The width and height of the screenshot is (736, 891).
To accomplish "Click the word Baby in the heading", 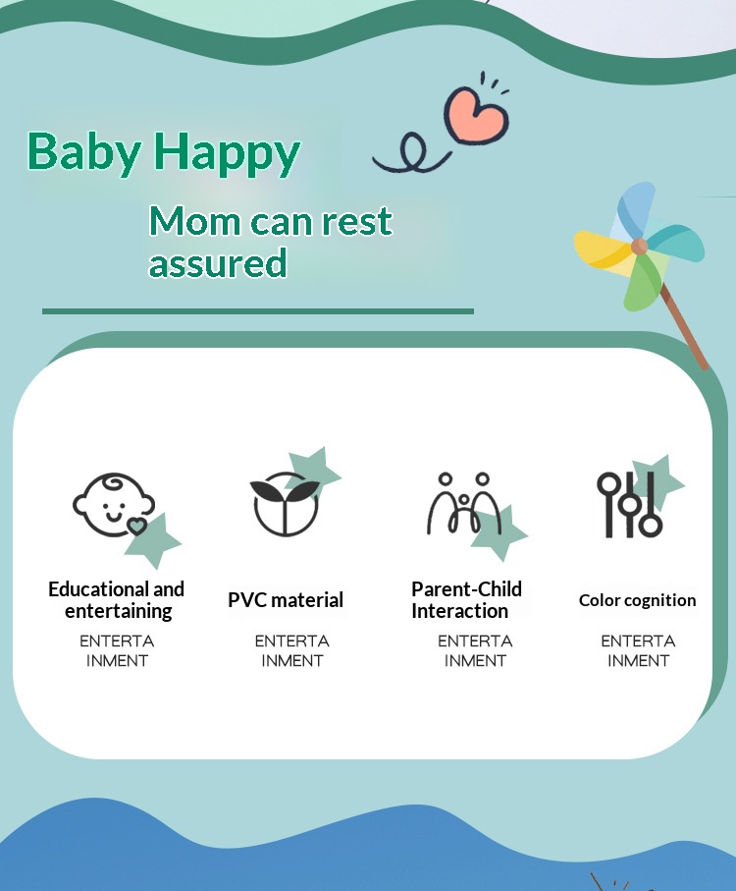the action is (x=84, y=151).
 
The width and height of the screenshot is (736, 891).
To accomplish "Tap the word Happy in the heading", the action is (x=227, y=152).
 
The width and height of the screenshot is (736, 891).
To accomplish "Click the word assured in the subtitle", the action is (x=218, y=262).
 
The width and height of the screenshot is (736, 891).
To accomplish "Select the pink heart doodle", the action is (x=476, y=114).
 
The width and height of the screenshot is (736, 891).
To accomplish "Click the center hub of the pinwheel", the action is (x=640, y=247).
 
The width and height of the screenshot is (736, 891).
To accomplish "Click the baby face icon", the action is (x=114, y=505).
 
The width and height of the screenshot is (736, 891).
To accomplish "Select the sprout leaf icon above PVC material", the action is (x=285, y=504).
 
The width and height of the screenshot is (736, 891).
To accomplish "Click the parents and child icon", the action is (x=464, y=504).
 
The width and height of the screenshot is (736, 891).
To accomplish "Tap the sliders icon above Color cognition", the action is (x=629, y=505).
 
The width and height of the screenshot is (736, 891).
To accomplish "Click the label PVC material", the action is (x=286, y=600).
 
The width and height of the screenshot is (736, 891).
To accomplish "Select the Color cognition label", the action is (x=637, y=600).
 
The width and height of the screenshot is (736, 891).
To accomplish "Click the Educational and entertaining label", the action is (x=117, y=600).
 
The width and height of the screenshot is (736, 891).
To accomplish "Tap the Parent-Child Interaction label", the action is (x=466, y=600).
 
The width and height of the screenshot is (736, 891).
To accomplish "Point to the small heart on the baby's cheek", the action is (x=136, y=527).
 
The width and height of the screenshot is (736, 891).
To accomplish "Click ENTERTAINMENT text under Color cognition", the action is (x=639, y=650).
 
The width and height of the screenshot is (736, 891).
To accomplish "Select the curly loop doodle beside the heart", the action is (x=412, y=154).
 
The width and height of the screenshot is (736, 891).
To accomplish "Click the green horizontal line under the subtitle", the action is (x=258, y=311).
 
